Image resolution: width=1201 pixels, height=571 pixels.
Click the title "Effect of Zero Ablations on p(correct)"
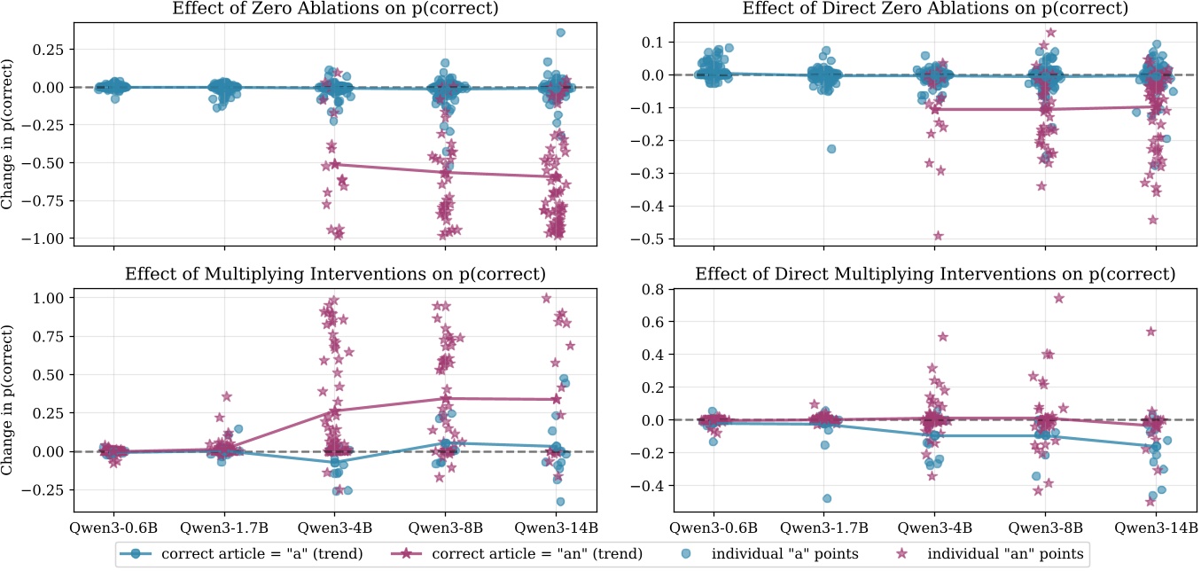coord(335,9)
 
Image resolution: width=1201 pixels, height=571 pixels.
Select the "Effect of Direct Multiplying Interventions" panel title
coord(935,274)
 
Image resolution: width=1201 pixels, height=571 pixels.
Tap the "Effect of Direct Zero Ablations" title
coord(935,9)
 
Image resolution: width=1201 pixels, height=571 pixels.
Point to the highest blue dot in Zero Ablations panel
coord(560,33)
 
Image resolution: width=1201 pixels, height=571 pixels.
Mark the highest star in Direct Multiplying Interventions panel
coord(1059,298)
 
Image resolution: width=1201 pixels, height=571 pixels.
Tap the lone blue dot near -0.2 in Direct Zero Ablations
coord(831,149)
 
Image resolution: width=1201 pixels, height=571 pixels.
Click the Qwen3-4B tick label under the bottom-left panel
coord(335,528)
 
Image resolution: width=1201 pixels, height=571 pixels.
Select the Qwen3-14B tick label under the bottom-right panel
coord(1155,528)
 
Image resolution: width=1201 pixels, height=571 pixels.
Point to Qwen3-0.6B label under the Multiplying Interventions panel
coord(113,528)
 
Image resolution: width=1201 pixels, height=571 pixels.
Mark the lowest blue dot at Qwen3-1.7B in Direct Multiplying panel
coord(827,498)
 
